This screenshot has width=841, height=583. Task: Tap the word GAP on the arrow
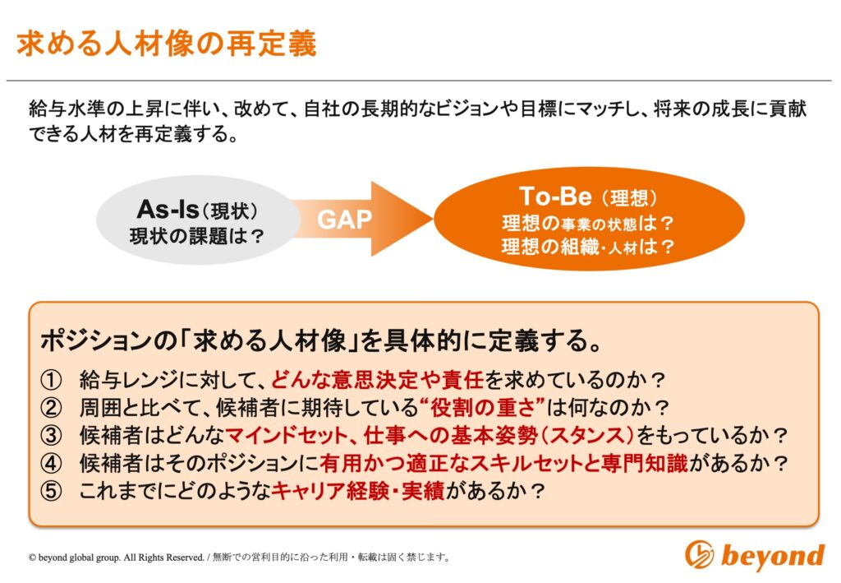pos(344,220)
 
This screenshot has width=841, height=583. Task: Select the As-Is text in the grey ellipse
pos(168,210)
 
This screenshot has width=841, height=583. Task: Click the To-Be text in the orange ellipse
pos(555,196)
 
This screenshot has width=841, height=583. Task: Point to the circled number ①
pos(52,380)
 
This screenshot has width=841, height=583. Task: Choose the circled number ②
pos(52,408)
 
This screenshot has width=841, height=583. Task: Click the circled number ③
pos(52,435)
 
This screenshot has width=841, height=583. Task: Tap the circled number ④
pos(52,463)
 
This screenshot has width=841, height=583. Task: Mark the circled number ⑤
pos(52,491)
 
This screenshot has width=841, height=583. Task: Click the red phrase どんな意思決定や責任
pos(378,380)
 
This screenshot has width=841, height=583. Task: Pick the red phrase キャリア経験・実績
pos(358,491)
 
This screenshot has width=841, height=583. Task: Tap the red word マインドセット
pos(287,435)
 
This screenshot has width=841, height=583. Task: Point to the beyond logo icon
pos(700,554)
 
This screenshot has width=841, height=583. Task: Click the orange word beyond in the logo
pos(773,555)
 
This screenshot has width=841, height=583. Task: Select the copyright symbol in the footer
pos(32,558)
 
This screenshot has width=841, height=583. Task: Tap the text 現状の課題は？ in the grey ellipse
pos(197,236)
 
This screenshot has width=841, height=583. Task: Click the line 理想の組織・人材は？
pos(588,247)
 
